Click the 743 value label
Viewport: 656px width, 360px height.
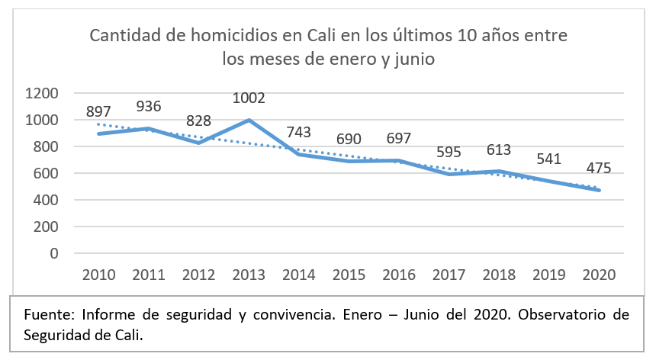[299, 133]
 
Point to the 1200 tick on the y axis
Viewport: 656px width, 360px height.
[42, 93]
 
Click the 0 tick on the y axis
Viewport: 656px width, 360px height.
[54, 253]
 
